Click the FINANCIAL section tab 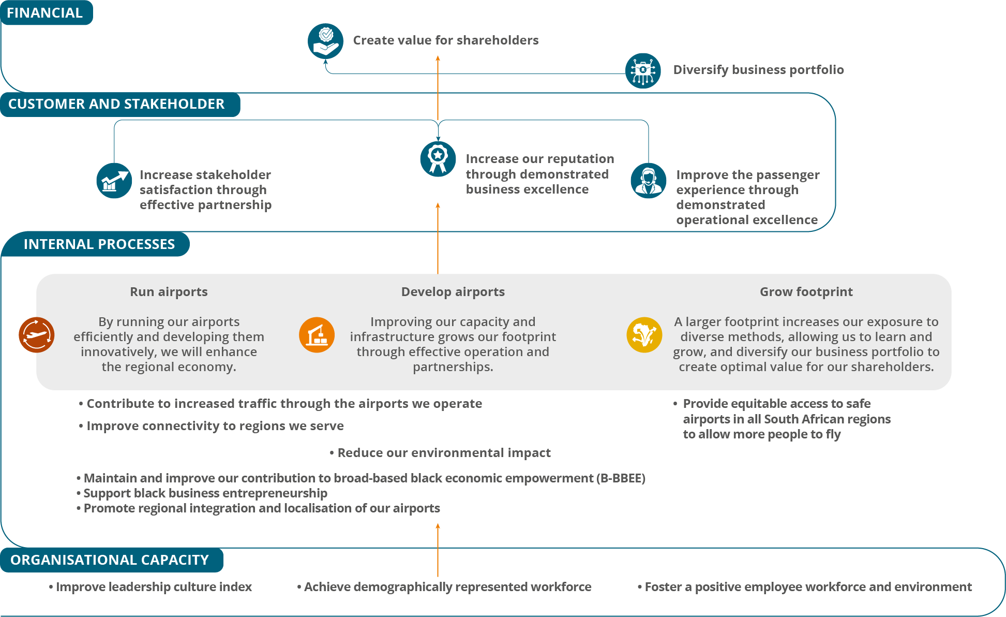pos(45,13)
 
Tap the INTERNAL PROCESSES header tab pos(99,244)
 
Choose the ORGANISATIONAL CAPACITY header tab pos(110,560)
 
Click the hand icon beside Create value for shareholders pos(325,41)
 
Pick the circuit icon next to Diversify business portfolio pos(643,70)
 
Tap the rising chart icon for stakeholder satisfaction pos(114,181)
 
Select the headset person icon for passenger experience pos(649,181)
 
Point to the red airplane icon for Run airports pos(37,335)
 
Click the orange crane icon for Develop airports pos(317,335)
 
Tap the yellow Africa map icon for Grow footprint pos(644,335)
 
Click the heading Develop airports pos(453,292)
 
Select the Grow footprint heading pos(806,292)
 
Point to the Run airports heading pos(169,292)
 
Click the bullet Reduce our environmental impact pos(443,453)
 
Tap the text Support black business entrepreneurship pos(205,493)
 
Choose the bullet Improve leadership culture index pos(154,587)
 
